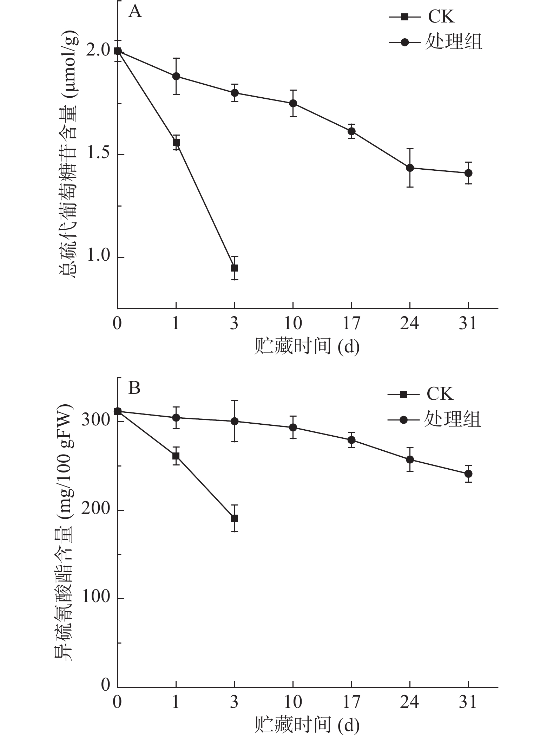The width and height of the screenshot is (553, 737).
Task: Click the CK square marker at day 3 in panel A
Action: pyautogui.click(x=235, y=268)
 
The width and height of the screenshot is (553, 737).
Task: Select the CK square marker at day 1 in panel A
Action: pyautogui.click(x=176, y=142)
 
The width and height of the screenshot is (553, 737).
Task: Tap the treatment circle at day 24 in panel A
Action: pyautogui.click(x=410, y=168)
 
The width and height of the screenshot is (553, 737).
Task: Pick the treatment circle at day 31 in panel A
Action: pyautogui.click(x=468, y=173)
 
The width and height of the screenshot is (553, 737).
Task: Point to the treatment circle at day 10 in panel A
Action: pyautogui.click(x=293, y=103)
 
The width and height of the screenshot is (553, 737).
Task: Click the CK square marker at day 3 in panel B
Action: pyautogui.click(x=235, y=518)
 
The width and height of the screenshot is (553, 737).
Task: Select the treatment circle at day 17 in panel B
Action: pyautogui.click(x=351, y=440)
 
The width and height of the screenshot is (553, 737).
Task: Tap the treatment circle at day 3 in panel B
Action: pyautogui.click(x=235, y=421)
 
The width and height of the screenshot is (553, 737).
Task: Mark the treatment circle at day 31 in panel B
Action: pyautogui.click(x=468, y=474)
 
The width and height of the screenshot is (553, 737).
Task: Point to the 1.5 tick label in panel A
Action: pyautogui.click(x=99, y=155)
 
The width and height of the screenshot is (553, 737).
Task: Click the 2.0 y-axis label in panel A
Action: pyautogui.click(x=99, y=52)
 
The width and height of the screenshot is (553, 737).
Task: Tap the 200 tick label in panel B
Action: pyautogui.click(x=96, y=510)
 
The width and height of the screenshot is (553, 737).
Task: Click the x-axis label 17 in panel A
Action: pyautogui.click(x=351, y=323)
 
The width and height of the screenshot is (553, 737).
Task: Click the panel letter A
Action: pyautogui.click(x=135, y=12)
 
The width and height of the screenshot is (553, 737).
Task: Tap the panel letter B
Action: pyautogui.click(x=134, y=389)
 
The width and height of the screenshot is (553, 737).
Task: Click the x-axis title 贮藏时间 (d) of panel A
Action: pyautogui.click(x=307, y=347)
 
